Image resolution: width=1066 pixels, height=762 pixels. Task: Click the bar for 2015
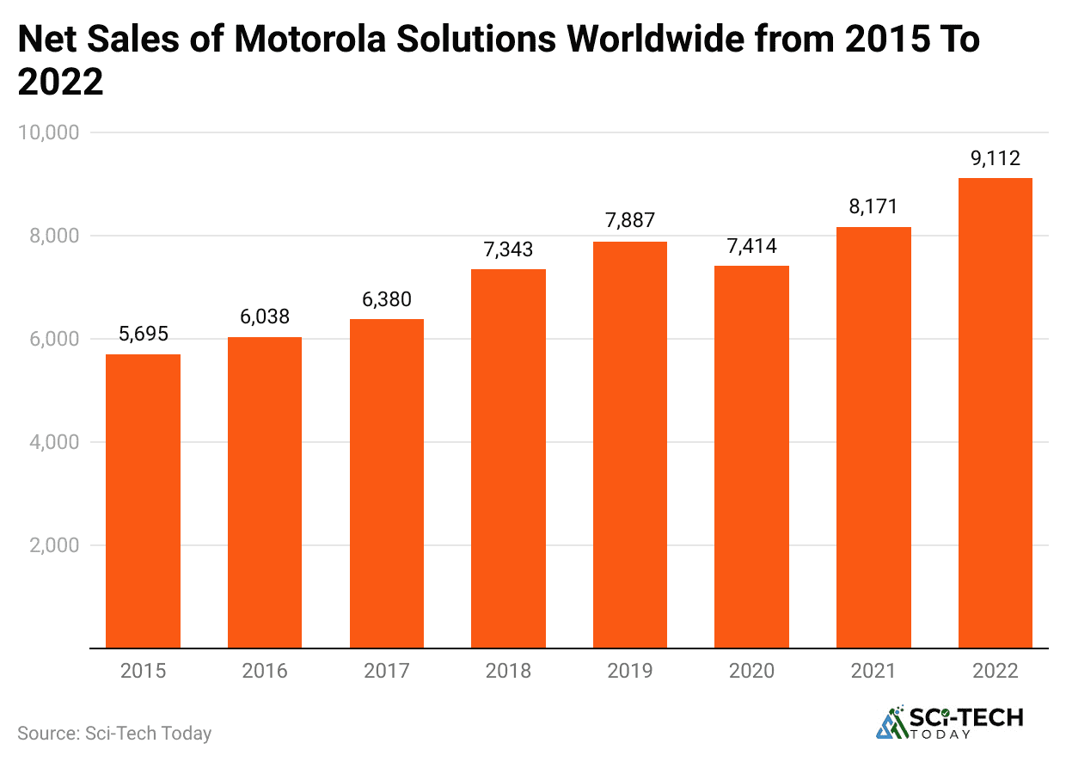(x=143, y=501)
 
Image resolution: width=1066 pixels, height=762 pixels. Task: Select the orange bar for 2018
(x=508, y=458)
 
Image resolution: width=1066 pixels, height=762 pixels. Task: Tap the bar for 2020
(x=751, y=457)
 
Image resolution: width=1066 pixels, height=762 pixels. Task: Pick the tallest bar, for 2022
(x=995, y=413)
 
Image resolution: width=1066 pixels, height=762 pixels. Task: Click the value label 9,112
(x=995, y=158)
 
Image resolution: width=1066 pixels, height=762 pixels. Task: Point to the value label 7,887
(x=629, y=222)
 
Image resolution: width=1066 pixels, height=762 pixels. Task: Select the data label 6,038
(x=265, y=317)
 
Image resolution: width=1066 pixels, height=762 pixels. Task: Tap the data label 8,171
(x=873, y=207)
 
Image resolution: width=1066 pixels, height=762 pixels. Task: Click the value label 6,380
(x=386, y=299)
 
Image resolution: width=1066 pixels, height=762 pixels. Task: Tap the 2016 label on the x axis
(x=265, y=671)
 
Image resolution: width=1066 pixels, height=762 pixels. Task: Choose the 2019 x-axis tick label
(x=629, y=671)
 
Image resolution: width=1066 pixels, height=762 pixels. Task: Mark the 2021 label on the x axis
(x=873, y=671)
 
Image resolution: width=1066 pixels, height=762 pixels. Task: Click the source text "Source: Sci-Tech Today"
(x=114, y=734)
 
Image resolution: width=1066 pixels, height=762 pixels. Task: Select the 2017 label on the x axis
(x=386, y=671)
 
